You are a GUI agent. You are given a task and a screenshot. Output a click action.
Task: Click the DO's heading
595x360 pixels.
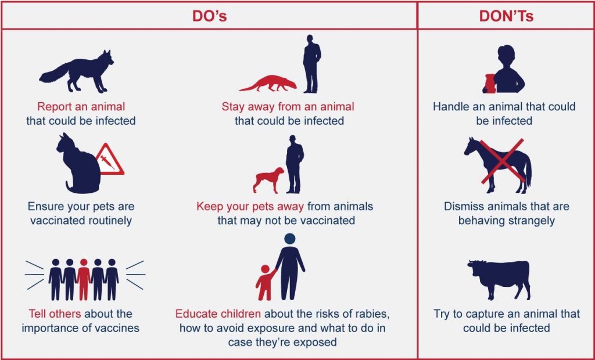pyautogui.click(x=209, y=16)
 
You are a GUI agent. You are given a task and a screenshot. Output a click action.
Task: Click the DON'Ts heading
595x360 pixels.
pyautogui.click(x=506, y=16)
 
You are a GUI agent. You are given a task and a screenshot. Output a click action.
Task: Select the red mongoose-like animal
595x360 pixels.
pyautogui.click(x=268, y=84)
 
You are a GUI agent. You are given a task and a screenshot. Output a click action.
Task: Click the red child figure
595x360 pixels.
pyautogui.click(x=266, y=283)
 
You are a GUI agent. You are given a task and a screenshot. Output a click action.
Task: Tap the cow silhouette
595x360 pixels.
pyautogui.click(x=498, y=278)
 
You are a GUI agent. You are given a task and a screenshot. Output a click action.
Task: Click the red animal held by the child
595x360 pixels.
pyautogui.click(x=489, y=83)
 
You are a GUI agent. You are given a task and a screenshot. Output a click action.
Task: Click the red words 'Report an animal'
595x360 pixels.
pyautogui.click(x=81, y=107)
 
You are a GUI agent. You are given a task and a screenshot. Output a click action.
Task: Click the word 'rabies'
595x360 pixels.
pyautogui.click(x=370, y=314)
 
